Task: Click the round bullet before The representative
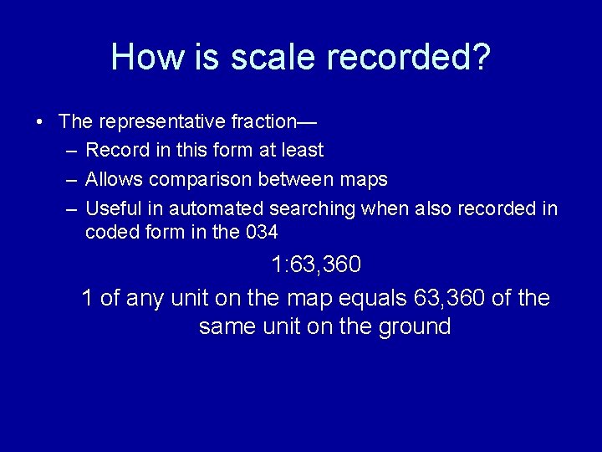pos(39,121)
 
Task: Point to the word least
pos(302,151)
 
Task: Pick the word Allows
pos(115,179)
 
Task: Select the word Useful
pos(115,208)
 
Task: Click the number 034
pos(263,232)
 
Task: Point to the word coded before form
pos(110,232)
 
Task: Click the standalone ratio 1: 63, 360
pos(316,265)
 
